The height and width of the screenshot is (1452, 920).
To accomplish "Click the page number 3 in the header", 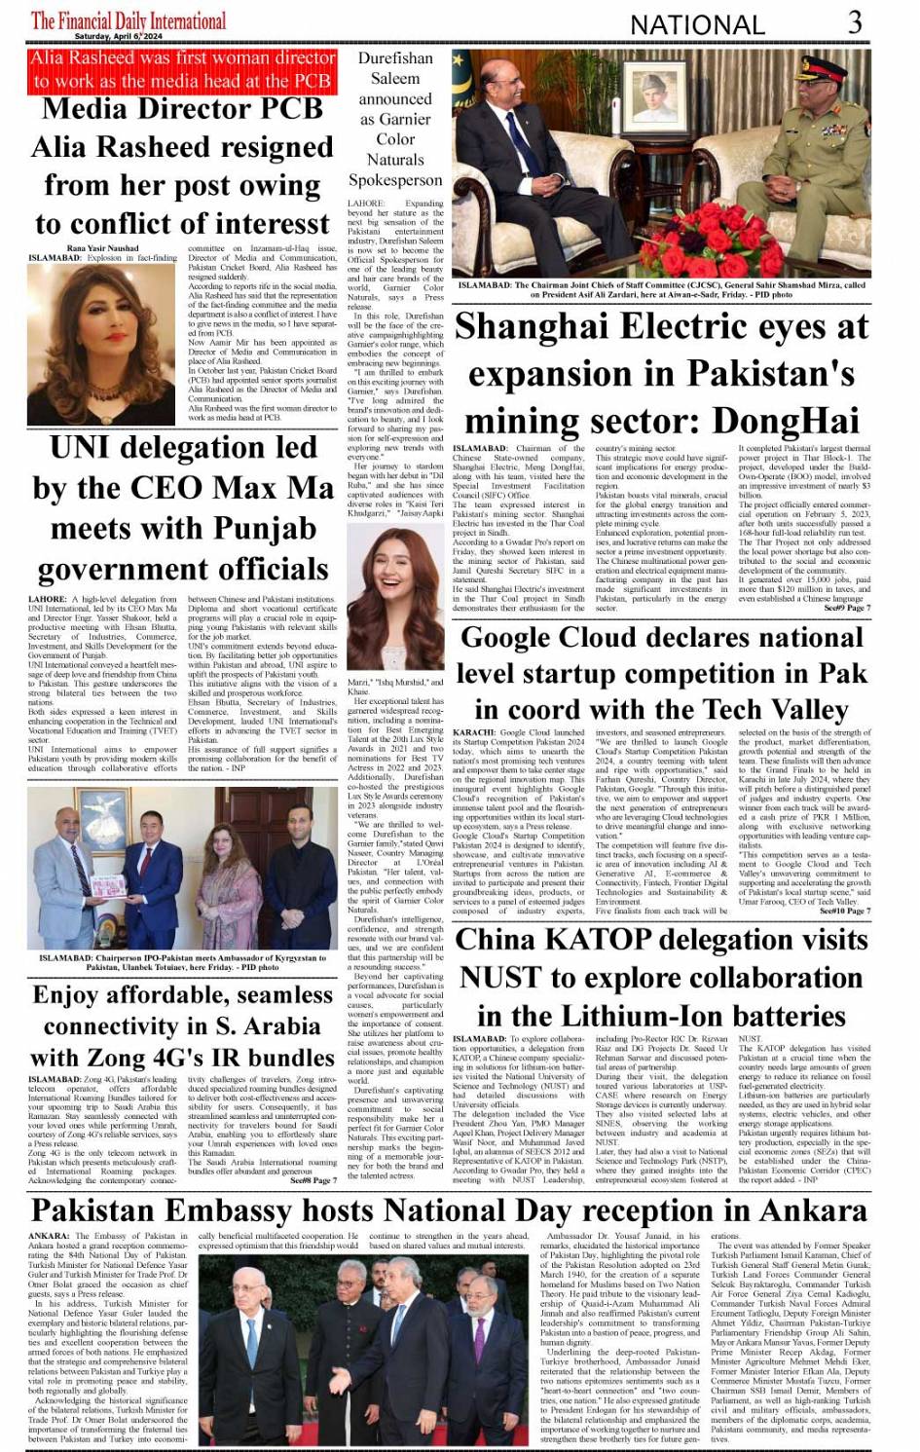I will pyautogui.click(x=855, y=21).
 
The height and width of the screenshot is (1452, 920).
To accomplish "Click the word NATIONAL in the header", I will pyautogui.click(x=697, y=24).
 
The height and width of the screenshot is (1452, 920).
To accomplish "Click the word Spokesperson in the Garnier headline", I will pyautogui.click(x=394, y=180).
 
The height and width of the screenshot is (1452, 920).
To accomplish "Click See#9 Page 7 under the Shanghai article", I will pyautogui.click(x=846, y=609).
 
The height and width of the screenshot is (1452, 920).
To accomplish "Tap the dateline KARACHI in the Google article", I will pyautogui.click(x=474, y=731).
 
